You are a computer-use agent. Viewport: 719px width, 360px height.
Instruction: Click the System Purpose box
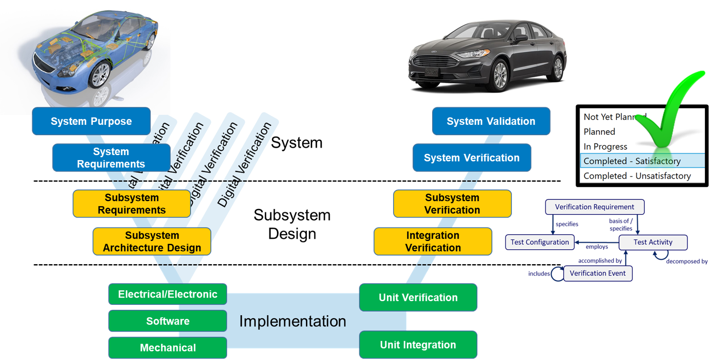point(91,121)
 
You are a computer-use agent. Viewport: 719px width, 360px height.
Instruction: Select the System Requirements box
point(111,158)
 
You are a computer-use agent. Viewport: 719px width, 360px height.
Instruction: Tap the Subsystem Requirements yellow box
point(131,204)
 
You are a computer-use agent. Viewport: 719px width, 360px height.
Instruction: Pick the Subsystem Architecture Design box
point(152,242)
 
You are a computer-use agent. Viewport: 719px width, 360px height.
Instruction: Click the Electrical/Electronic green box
point(167,294)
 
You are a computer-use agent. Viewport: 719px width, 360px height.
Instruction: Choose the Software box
point(167,321)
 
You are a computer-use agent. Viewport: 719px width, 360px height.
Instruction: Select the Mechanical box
point(167,348)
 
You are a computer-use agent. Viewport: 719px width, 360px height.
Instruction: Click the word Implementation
point(292,321)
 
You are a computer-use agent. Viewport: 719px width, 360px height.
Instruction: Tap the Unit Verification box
point(418,298)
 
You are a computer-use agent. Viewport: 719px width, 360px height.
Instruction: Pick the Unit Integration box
point(418,345)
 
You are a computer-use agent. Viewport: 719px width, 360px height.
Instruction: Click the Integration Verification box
point(433,242)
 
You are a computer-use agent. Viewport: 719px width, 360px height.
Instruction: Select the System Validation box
point(491,121)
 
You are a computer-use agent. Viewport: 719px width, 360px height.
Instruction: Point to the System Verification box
point(471,158)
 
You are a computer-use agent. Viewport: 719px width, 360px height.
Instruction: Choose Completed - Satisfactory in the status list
point(632,161)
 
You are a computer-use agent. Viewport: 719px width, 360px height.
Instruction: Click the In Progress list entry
point(605,147)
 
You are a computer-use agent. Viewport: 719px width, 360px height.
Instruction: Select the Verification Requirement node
point(595,207)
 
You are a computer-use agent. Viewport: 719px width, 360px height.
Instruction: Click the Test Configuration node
point(539,242)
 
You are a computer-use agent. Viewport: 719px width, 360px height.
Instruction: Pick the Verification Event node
point(597,273)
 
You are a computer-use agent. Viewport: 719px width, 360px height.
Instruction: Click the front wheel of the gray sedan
point(500,76)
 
